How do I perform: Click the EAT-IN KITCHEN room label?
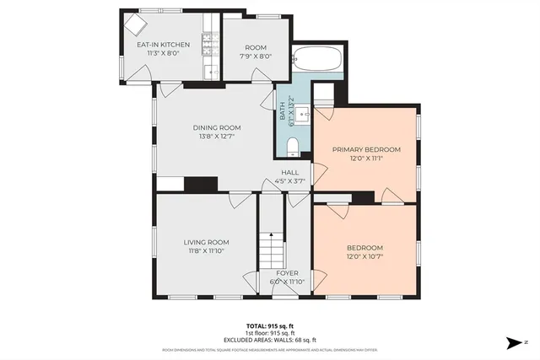pos(164,45)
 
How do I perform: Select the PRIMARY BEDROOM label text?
pos(365,149)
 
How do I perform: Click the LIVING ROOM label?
pos(207,242)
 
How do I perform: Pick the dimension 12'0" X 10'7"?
pos(365,256)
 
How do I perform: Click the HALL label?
pos(290,172)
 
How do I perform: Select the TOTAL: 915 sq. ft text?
pos(269,325)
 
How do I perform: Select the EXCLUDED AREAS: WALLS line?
pos(269,340)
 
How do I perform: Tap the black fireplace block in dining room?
pos(201,184)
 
